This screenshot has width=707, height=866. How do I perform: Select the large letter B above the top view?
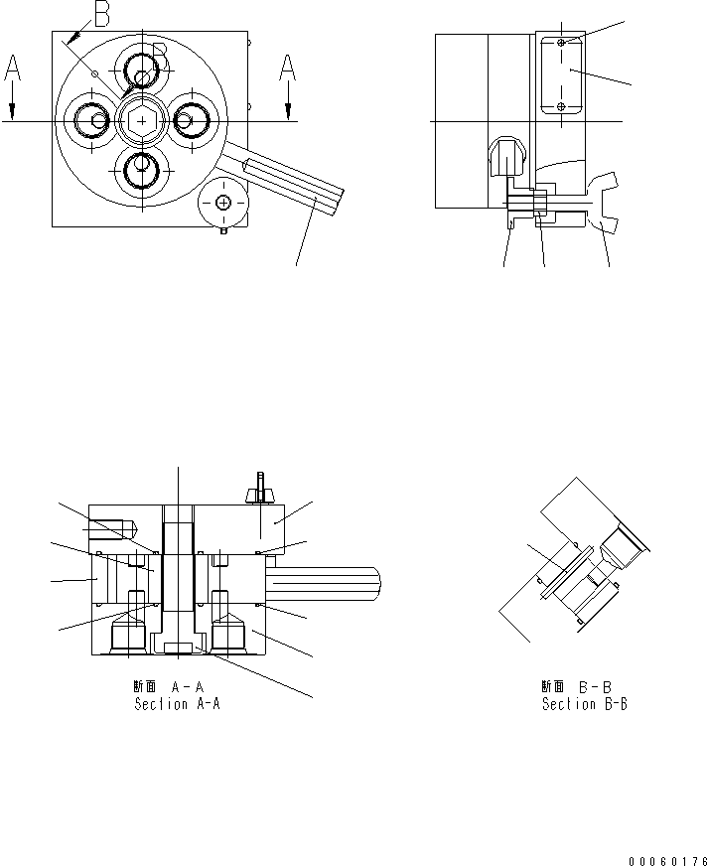[x=101, y=13]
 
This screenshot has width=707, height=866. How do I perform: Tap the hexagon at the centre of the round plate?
[x=139, y=120]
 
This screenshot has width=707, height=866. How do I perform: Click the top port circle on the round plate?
[x=140, y=70]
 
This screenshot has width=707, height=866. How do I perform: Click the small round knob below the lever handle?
[x=222, y=203]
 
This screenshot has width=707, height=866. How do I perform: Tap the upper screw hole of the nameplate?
[x=562, y=45]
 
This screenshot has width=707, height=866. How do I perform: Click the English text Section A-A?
[x=176, y=704]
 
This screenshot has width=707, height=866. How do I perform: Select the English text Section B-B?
[x=584, y=704]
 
